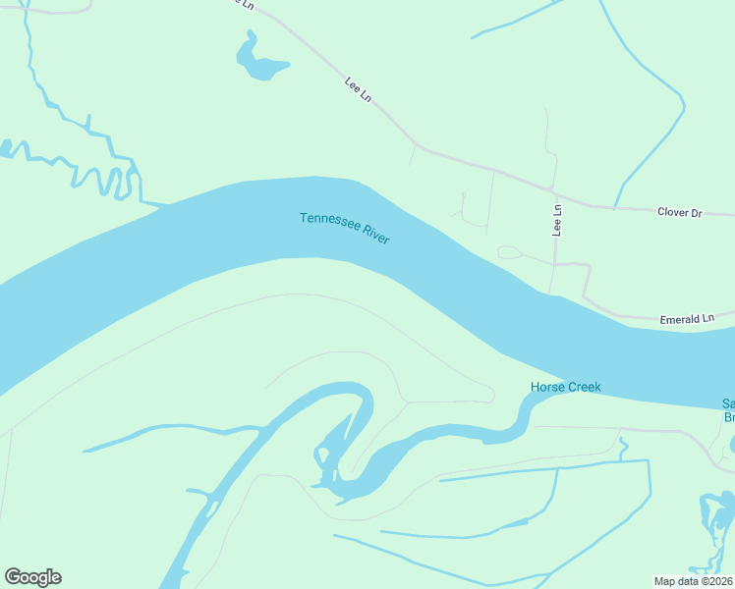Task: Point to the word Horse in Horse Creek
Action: click(547, 387)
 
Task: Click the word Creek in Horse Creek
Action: click(584, 387)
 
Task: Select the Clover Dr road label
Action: click(680, 211)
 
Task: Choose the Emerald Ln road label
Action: click(687, 319)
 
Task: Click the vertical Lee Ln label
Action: click(557, 220)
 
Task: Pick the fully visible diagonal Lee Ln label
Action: click(359, 88)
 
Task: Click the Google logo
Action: click(32, 577)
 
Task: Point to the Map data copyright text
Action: click(693, 580)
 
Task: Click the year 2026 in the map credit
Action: click(718, 580)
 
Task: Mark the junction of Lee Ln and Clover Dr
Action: click(554, 190)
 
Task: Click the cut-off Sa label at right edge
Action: click(728, 403)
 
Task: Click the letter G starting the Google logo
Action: click(13, 577)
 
